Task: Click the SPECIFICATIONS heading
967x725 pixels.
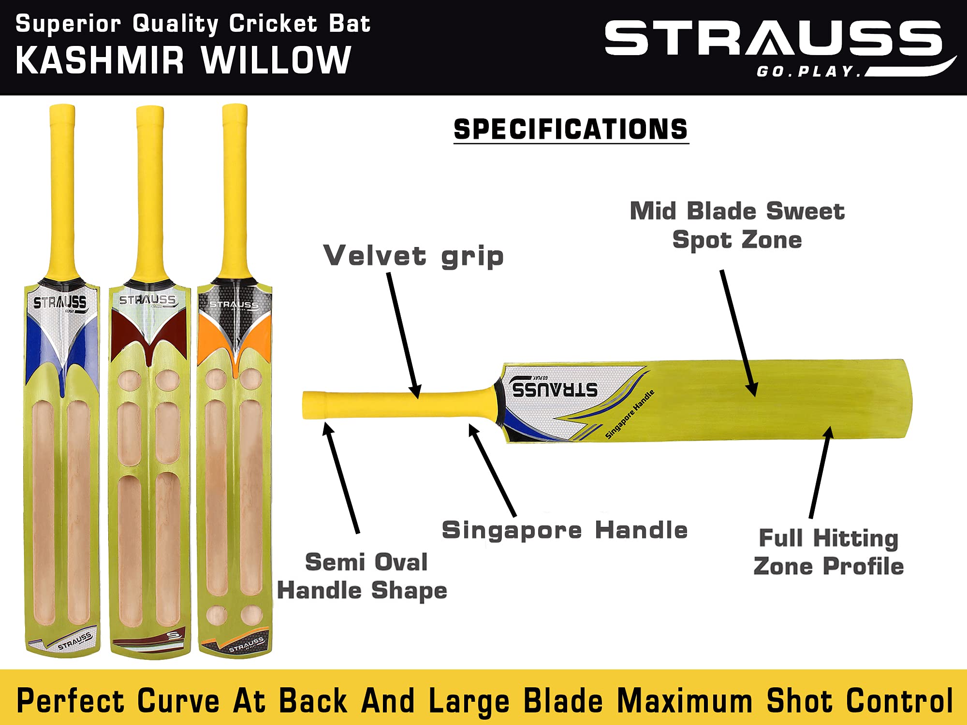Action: [x=571, y=130]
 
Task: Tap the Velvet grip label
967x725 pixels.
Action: [x=413, y=256]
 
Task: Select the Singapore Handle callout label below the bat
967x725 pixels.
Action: [x=564, y=530]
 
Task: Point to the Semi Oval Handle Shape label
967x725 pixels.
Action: [x=363, y=576]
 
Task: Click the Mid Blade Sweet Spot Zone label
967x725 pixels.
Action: [x=737, y=225]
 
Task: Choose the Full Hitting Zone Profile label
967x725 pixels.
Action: [x=828, y=552]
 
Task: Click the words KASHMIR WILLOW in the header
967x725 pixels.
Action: [x=183, y=60]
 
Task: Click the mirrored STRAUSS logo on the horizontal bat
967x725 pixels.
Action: [x=555, y=389]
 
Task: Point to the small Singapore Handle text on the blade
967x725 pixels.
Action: [x=630, y=414]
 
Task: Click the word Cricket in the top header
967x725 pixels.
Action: [x=273, y=24]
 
